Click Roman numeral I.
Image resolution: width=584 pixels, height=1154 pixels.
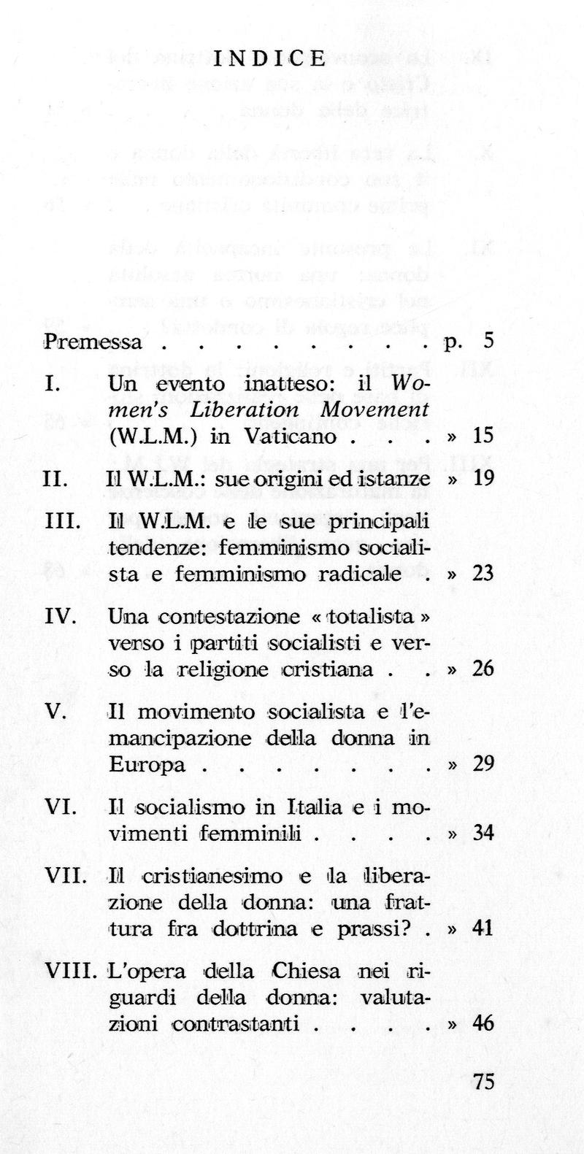(52, 384)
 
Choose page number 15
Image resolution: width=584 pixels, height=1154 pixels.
(483, 436)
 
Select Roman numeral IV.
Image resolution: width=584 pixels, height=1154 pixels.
(61, 616)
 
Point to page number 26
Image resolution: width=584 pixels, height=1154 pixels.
(483, 669)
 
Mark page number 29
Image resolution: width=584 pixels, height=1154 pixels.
(483, 763)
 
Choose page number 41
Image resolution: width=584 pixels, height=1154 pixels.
(483, 928)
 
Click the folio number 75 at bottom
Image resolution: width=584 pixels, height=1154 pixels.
(483, 1082)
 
